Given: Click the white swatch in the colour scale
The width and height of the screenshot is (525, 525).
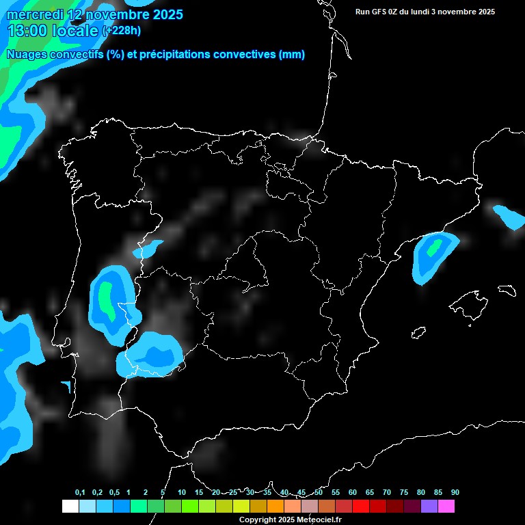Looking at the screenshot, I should (70, 507).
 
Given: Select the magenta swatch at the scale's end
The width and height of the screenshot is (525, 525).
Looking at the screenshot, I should (446, 507).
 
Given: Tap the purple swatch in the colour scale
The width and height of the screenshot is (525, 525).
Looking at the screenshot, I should (429, 507).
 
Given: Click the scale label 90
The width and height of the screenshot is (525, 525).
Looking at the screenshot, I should (455, 493).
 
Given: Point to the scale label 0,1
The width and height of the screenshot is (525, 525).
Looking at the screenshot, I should (80, 493).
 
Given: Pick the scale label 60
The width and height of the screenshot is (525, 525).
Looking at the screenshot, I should (353, 493).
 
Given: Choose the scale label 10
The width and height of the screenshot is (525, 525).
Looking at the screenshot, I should (182, 493).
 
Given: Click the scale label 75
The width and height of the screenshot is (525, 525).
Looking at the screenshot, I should (404, 493).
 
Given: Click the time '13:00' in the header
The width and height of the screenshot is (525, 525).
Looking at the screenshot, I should (28, 31).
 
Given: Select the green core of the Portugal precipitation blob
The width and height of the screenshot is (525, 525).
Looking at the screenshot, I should (106, 301).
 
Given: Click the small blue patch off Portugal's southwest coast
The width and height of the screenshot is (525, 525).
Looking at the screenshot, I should (67, 388).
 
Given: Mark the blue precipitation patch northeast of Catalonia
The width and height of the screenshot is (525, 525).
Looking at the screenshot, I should (509, 217).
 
